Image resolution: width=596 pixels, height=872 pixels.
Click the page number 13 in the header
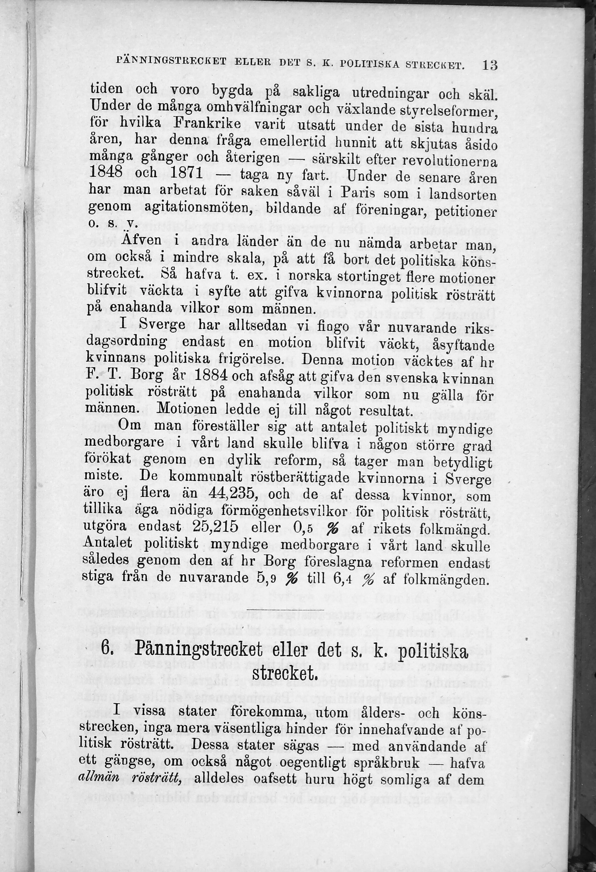pyautogui.click(x=490, y=66)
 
